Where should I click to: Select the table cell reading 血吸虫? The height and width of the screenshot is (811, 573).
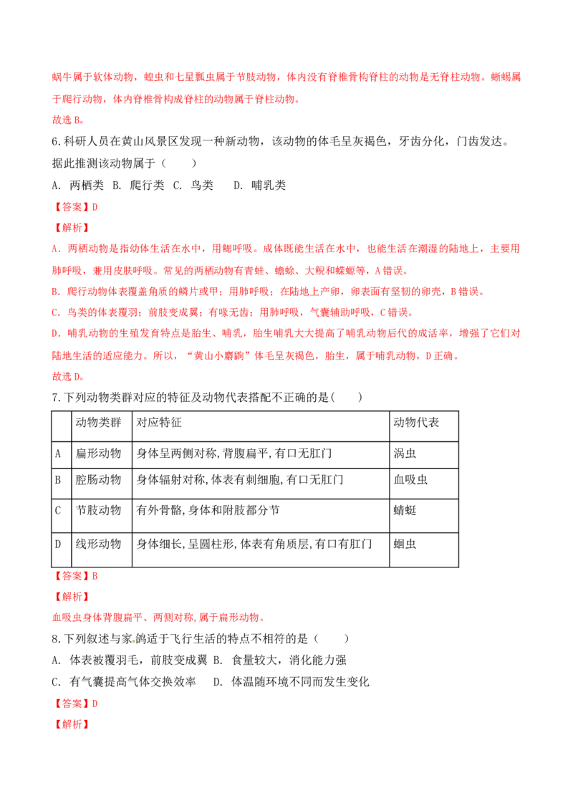(x=423, y=484)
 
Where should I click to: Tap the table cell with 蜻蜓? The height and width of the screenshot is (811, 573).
(x=423, y=516)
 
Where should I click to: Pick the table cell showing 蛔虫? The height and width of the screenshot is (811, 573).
(x=423, y=550)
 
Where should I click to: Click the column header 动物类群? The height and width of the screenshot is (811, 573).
(x=102, y=426)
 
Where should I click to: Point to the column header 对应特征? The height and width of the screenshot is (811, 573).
(x=261, y=426)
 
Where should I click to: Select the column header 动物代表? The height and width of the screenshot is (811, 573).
(x=423, y=426)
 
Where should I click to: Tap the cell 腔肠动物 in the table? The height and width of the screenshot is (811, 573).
(x=102, y=484)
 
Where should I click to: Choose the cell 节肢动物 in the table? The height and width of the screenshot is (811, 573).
(x=102, y=516)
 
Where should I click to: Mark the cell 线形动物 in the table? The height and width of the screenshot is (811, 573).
(x=102, y=550)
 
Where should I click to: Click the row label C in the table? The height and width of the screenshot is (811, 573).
(x=61, y=516)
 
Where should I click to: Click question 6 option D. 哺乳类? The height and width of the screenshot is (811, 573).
(x=259, y=185)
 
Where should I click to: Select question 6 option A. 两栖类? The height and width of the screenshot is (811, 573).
(x=78, y=185)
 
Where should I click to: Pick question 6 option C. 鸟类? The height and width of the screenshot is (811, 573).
(x=193, y=185)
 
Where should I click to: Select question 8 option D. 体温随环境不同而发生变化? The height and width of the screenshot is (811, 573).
(x=292, y=682)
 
